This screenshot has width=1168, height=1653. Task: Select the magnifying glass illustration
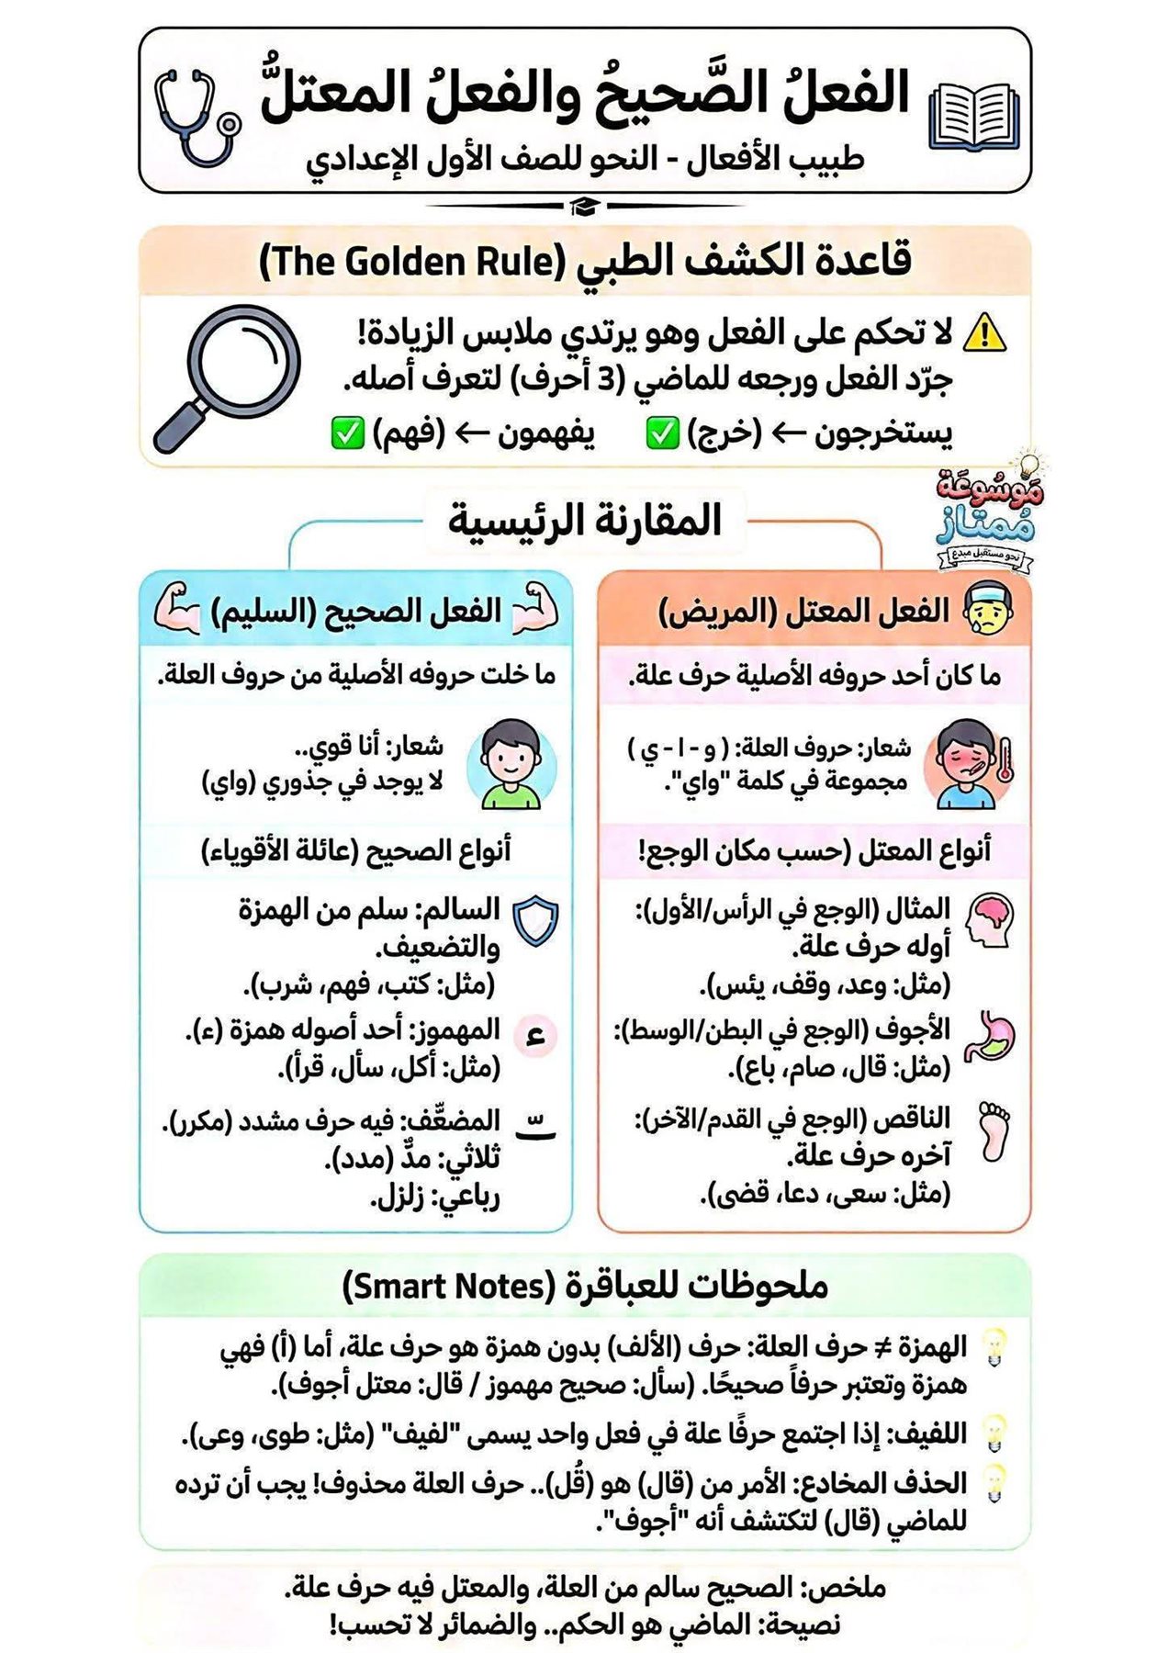[230, 377]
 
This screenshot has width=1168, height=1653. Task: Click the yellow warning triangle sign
[984, 333]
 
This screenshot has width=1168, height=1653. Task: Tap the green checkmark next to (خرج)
[662, 433]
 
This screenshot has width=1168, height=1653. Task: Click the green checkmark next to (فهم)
[347, 433]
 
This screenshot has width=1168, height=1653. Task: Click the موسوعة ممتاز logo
[986, 514]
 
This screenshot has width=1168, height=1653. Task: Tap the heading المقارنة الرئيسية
[585, 521]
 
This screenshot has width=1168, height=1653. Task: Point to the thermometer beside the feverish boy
[1005, 759]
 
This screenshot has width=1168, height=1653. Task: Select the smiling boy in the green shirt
[511, 765]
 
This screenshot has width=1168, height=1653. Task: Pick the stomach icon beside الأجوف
[990, 1035]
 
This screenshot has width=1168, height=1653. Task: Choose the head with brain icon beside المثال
[990, 919]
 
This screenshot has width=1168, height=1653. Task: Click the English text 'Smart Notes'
[447, 1287]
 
